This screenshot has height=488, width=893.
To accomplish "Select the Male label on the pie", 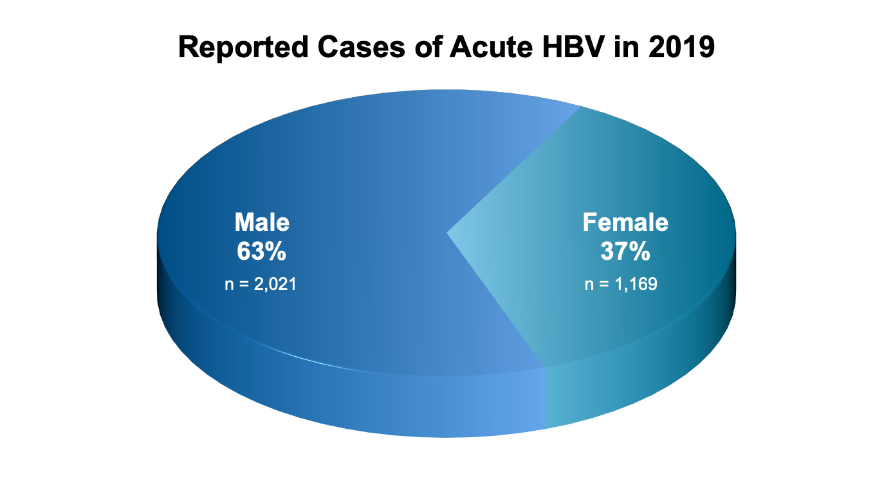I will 262,222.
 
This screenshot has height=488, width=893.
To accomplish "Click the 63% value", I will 261,252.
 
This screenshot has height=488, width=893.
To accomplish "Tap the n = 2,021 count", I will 261,284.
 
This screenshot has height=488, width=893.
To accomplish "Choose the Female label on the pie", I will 625,222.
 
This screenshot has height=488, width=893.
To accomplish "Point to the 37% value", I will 625,252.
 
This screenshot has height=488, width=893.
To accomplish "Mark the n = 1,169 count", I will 621,284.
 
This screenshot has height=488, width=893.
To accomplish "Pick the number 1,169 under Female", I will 635,284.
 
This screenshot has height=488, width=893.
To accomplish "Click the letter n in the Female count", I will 589,285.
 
